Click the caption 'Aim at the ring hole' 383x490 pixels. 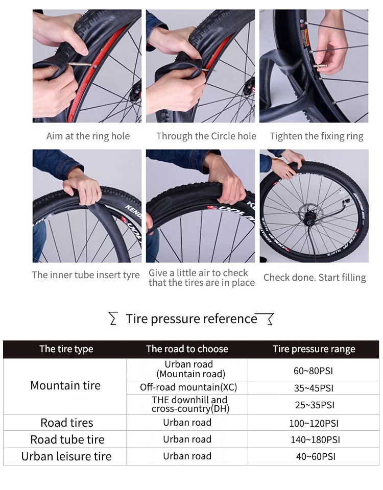88,136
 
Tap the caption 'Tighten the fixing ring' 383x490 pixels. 317,136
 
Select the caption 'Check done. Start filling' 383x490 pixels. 315,278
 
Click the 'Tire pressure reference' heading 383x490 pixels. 192,318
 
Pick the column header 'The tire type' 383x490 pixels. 66,349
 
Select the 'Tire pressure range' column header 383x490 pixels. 314,349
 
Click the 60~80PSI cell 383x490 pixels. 313,371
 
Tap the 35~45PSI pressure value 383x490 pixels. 314,388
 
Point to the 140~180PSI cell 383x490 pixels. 315,439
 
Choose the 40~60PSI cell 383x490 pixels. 316,456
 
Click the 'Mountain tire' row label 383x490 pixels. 65,386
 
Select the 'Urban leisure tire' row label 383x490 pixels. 66,456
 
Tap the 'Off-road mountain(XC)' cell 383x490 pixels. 188,387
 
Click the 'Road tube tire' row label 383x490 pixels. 67,439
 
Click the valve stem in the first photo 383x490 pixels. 79,65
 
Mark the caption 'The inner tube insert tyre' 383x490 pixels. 86,275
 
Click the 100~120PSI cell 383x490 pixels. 314,424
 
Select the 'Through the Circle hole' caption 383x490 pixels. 206,136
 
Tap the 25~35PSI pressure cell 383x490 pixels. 315,405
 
